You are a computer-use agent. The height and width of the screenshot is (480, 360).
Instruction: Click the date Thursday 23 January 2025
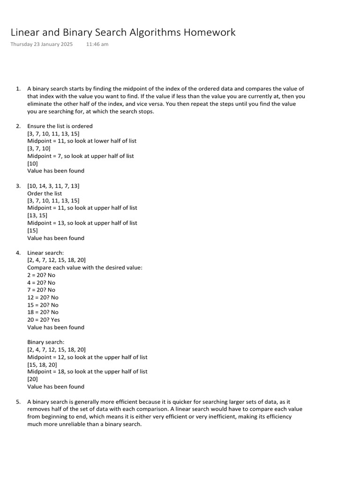[41, 44]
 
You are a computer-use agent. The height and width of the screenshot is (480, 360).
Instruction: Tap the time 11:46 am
[97, 44]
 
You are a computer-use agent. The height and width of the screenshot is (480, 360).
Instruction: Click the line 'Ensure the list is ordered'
[60, 126]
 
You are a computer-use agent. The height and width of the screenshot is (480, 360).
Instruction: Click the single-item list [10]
[33, 163]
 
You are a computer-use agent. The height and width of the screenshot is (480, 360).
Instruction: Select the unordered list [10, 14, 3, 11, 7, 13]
[53, 186]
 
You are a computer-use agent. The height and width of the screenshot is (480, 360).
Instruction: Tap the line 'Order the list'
[45, 193]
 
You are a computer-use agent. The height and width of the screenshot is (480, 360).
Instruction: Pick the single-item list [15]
[33, 230]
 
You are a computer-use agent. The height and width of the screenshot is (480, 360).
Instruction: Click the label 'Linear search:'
[45, 253]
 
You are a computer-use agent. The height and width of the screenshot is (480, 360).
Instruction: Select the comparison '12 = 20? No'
[43, 297]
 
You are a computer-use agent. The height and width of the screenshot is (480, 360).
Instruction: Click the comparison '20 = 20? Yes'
[44, 320]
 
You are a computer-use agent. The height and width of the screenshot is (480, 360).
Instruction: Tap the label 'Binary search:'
[46, 342]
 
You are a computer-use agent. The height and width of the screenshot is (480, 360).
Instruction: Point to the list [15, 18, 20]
[42, 364]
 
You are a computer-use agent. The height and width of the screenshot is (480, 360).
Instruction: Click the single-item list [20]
[33, 379]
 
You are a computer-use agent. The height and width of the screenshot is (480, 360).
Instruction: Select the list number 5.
[18, 402]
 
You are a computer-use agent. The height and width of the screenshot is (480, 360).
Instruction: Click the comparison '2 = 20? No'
[41, 275]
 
